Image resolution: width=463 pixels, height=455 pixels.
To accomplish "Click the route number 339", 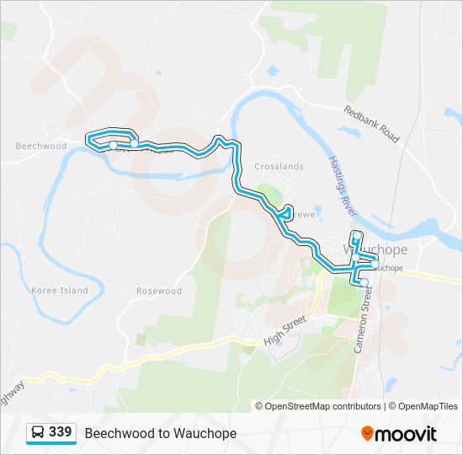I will pos(60,431).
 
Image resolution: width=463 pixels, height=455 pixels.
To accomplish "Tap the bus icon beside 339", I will pos(38,432).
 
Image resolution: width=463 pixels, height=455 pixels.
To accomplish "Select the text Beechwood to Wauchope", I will pos(161,433).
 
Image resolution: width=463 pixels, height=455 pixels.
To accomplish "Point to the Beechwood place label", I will pos(40,146).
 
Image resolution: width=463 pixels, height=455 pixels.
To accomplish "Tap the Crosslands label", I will pos(279,167).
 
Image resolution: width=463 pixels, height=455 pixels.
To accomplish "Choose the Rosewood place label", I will pos(159,291).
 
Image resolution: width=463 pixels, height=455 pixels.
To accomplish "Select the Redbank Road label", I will pos(371,124).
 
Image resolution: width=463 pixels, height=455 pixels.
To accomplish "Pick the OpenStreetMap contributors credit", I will pos(318,406).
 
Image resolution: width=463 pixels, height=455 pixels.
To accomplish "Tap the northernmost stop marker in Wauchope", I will pos(358,235).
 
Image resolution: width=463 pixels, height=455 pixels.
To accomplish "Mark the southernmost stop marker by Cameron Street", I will pos(365,282).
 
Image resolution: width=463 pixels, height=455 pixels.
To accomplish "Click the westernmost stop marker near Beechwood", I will pos(113,146).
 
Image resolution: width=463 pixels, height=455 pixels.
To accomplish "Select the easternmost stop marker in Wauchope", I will pos(374,264).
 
